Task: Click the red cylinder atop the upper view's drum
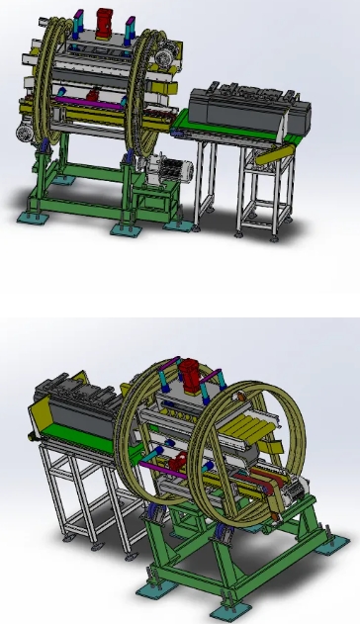coord(106,19)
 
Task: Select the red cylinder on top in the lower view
coord(188,377)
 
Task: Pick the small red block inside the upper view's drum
coord(96,95)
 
